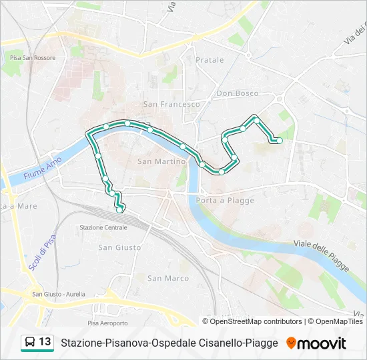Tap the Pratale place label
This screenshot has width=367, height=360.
[210, 60]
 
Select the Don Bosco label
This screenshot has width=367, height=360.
[238, 93]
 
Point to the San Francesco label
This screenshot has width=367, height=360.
[171, 104]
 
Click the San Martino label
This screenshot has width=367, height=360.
[161, 161]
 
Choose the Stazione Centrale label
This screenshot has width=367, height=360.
[103, 227]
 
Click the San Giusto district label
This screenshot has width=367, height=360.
[119, 247]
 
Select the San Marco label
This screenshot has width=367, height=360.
[168, 278]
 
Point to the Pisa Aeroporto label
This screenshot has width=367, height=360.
[107, 323]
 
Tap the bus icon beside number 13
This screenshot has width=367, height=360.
[30, 343]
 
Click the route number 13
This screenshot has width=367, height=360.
[45, 342]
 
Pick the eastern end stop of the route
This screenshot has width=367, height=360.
[280, 140]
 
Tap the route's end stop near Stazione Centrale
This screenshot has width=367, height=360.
[119, 210]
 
